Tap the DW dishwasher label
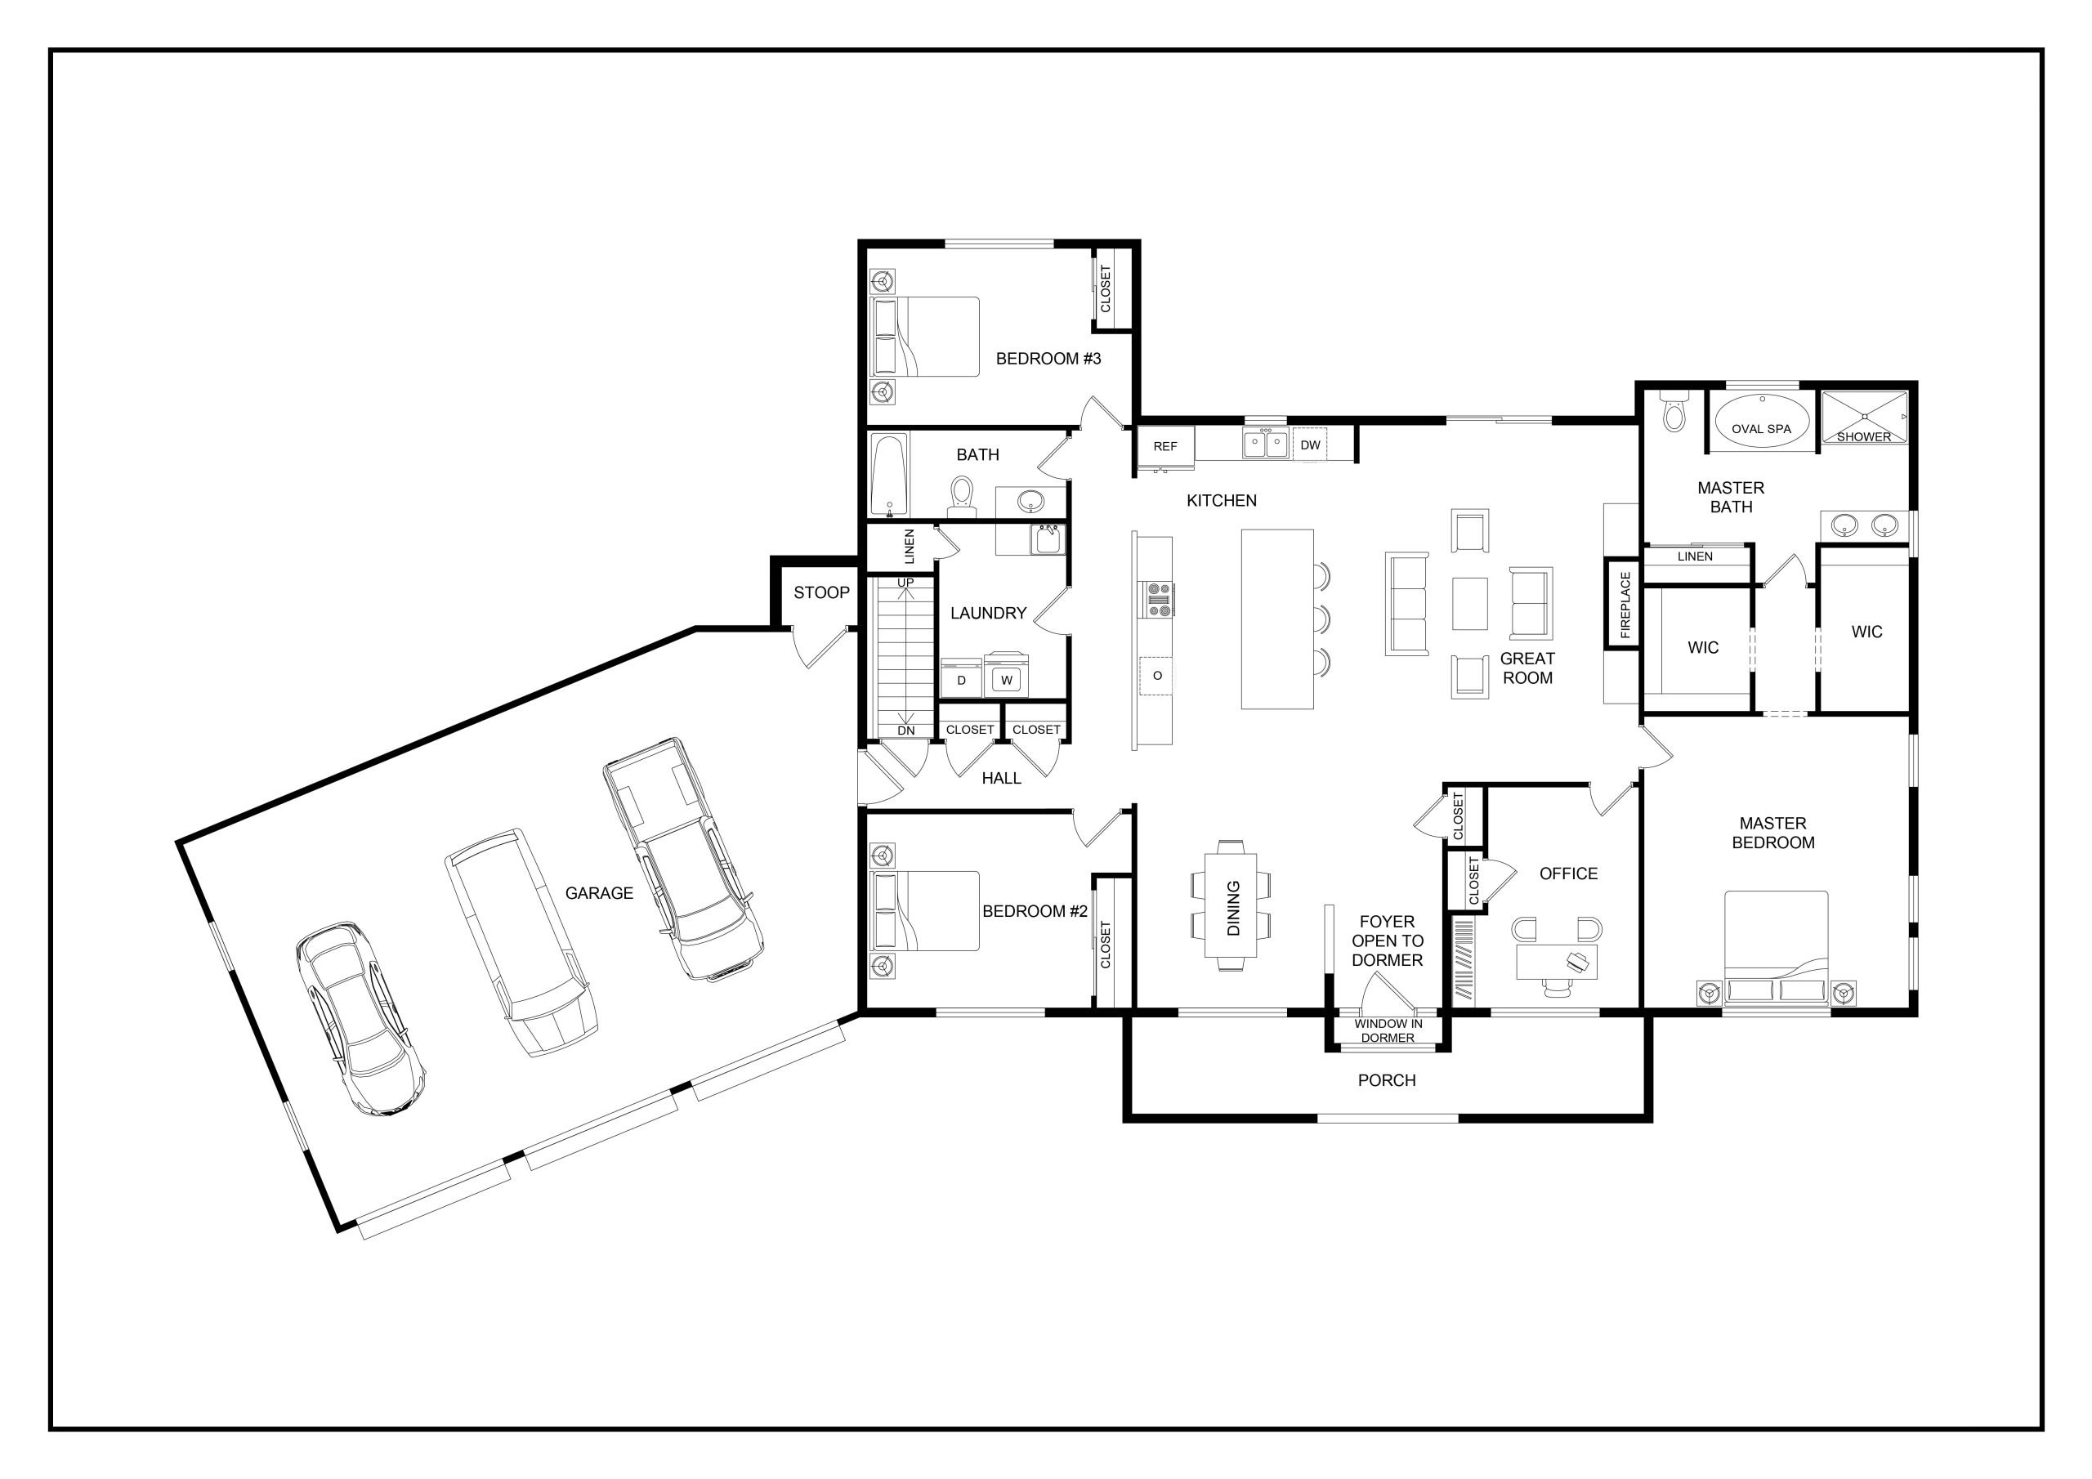(x=1310, y=445)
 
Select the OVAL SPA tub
(x=1760, y=422)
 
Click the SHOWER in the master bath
(x=1863, y=418)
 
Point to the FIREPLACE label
(x=1625, y=604)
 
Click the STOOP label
(x=821, y=592)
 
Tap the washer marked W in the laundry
(x=1006, y=676)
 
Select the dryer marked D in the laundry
(x=961, y=678)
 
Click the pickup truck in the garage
(x=683, y=860)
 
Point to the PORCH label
(x=1387, y=1080)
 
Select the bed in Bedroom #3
(x=925, y=337)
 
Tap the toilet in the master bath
(x=1674, y=411)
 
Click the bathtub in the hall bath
(x=889, y=475)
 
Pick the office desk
(x=1558, y=963)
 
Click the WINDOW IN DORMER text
(x=1388, y=1030)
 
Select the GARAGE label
(x=599, y=893)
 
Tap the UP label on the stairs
(x=905, y=583)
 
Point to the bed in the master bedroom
(x=1776, y=948)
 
